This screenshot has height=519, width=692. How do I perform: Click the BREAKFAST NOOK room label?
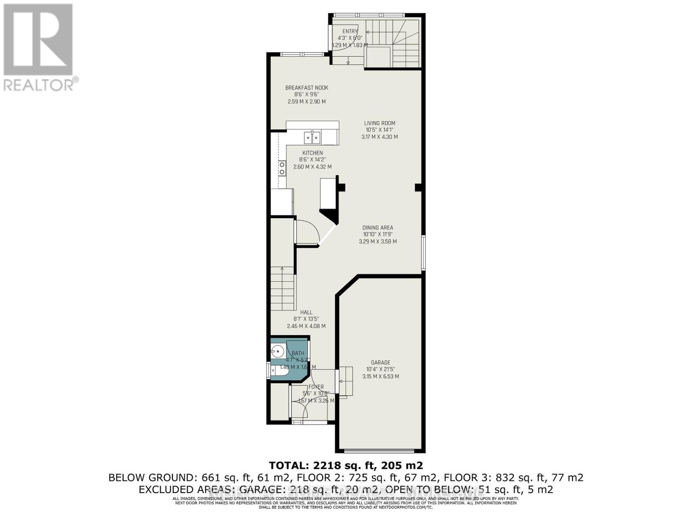[307, 88]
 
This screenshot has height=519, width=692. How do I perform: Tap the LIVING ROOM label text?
[379, 123]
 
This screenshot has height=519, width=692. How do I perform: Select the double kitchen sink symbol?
[312, 138]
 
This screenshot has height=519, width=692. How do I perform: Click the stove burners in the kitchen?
[282, 168]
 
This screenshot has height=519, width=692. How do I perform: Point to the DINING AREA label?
[378, 227]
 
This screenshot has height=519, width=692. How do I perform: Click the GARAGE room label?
[381, 362]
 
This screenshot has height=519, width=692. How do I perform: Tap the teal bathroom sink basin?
[277, 350]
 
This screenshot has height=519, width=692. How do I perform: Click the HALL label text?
[306, 312]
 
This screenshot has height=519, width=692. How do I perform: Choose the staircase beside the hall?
[282, 288]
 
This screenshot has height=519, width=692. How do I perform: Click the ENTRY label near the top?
[350, 31]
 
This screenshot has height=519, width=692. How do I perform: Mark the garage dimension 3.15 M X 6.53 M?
[381, 377]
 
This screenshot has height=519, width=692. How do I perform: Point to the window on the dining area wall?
[423, 253]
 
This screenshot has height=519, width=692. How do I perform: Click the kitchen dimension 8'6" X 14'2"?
[312, 160]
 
